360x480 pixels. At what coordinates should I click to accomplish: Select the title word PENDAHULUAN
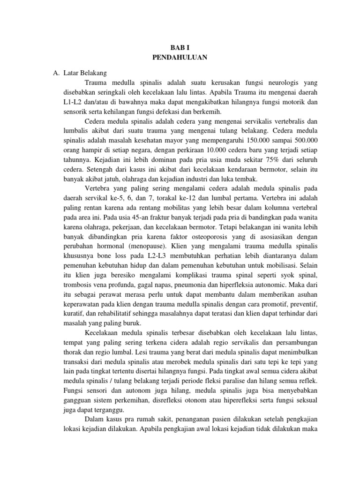coord(180,58)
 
